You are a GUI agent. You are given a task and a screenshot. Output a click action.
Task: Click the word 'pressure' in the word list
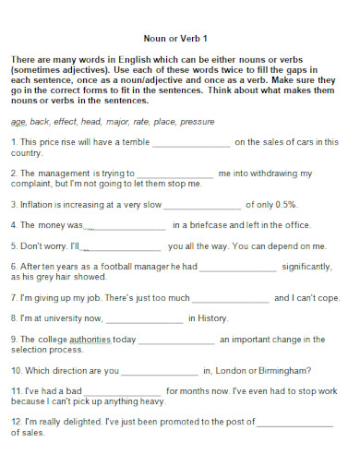tap(198, 121)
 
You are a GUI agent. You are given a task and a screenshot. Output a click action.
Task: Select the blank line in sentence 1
tap(190, 144)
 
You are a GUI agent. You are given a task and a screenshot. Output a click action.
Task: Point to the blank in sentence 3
tap(202, 205)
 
